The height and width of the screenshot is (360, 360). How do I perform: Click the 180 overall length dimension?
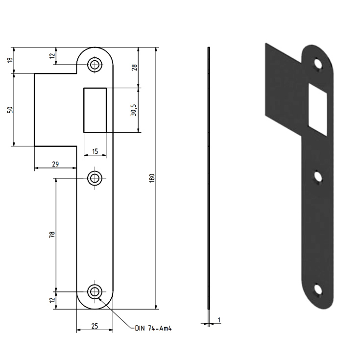[x=152, y=178]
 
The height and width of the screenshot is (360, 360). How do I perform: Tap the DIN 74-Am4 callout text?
[x=153, y=328]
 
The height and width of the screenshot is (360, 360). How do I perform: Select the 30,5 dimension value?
[x=133, y=110]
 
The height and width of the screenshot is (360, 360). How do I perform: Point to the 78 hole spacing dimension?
[x=52, y=235]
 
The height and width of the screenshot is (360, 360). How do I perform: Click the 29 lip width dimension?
[x=55, y=164]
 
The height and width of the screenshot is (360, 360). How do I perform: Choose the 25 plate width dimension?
[x=95, y=326]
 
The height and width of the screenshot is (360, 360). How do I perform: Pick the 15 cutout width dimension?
[x=95, y=151]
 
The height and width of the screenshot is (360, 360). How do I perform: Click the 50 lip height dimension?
[x=10, y=110]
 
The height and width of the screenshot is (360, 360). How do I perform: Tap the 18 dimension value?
[x=10, y=60]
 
